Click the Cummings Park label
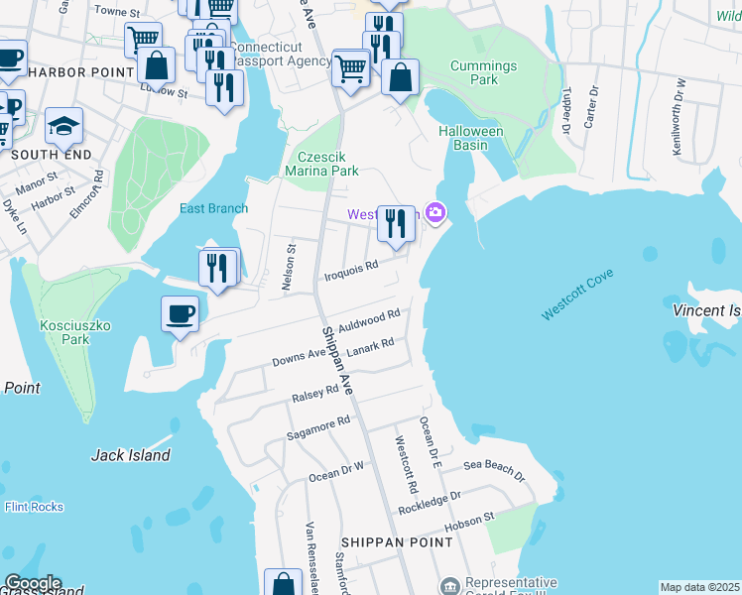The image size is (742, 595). coord(483,73)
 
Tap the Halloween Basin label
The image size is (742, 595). coord(471,138)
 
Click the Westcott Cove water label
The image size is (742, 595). coord(577,295)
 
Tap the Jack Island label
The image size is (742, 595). coord(130,455)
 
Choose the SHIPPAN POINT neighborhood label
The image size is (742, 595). coord(397,542)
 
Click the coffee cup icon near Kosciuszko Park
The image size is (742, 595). coord(180,313)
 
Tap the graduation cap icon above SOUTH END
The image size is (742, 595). coord(63,125)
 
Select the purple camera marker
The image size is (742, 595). coord(434,213)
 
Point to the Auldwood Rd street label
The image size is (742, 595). coord(368,319)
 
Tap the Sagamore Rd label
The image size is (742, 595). coord(318,426)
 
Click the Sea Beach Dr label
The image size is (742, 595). coord(495,470)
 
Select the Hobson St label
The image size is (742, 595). coord(468,521)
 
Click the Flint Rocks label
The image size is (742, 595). coord(34,507)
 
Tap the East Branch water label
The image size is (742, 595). coord(213,208)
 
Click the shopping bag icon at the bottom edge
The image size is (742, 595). coord(284,584)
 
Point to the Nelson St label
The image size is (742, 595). coord(291,268)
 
